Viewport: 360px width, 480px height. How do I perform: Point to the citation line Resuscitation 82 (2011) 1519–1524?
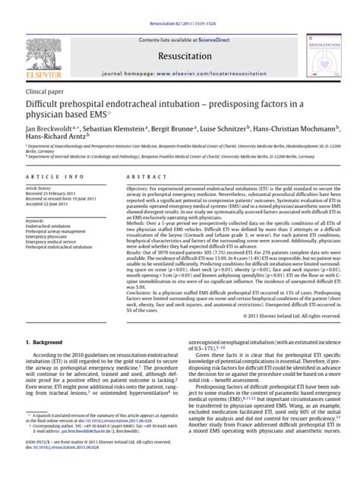click(x=179, y=5)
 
